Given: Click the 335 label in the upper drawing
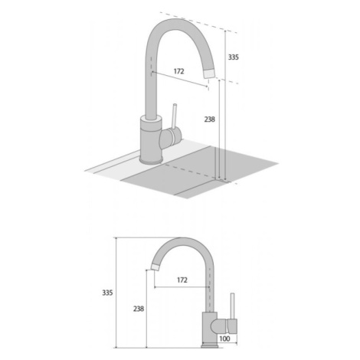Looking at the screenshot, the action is coord(234,57).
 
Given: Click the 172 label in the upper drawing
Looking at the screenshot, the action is coord(178,71).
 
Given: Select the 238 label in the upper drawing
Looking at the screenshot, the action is coord(210,119).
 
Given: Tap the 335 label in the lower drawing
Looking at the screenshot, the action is coord(107,293).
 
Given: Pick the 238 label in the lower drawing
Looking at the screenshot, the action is coord(139,309).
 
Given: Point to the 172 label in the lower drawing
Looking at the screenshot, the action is coord(182,280).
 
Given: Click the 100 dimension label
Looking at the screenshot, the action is coord(224,339).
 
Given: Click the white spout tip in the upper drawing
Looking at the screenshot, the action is coord(210,73).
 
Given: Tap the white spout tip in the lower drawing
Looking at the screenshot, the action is coord(155,267).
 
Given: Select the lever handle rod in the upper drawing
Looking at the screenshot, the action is coord(174,116).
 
